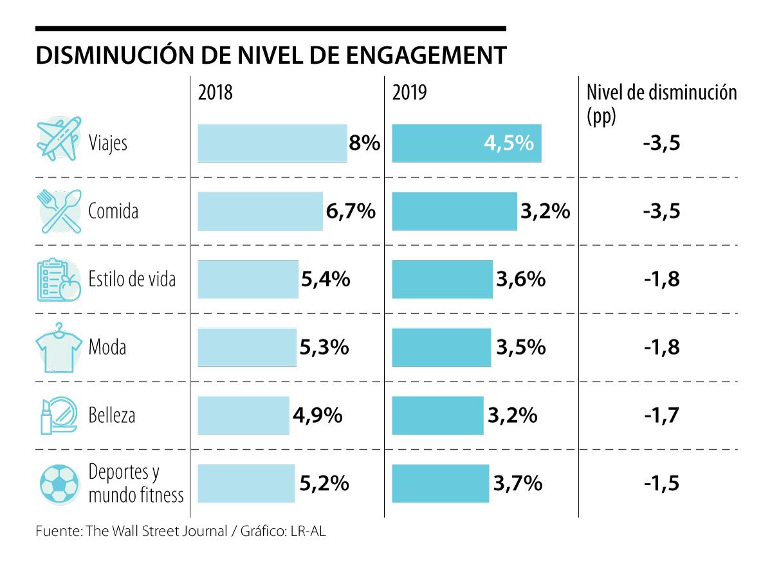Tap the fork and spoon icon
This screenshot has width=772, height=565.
[59, 210]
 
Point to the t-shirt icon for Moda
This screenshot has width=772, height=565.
[59, 348]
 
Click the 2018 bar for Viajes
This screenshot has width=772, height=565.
[272, 143]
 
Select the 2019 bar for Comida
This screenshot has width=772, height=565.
[454, 211]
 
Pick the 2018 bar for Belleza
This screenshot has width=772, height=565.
[243, 416]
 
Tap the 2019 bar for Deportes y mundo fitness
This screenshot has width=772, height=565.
[440, 483]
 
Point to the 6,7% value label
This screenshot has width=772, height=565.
[351, 211]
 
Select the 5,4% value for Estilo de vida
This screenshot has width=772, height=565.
[326, 279]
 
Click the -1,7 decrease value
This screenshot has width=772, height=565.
[661, 416]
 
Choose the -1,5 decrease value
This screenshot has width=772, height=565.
[661, 483]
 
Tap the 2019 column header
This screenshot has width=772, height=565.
[409, 93]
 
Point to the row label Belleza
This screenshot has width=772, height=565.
[112, 416]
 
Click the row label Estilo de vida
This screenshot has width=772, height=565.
[132, 279]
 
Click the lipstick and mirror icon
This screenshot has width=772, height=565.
[59, 416]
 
